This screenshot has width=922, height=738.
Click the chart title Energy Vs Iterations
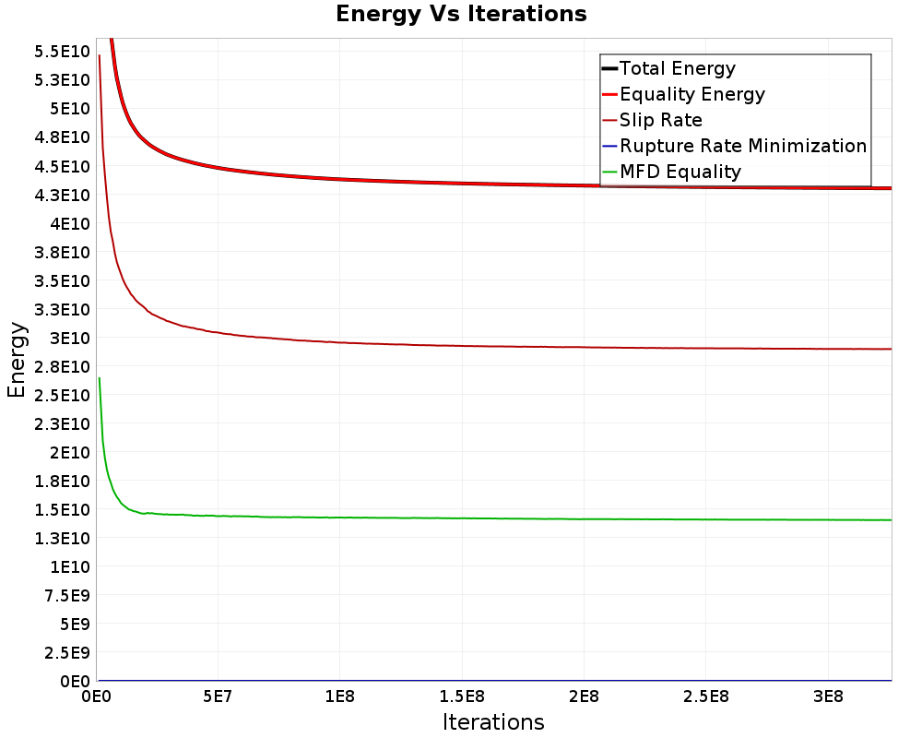pos(461,14)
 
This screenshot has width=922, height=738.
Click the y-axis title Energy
pos(16,359)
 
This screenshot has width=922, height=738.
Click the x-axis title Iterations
pos(493,721)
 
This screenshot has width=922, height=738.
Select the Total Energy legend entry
pos(678,68)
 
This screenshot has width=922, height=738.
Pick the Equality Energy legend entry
pos(692,94)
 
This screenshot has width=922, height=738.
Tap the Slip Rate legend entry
pos(661,120)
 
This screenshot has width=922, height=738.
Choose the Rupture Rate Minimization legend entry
pos(743,146)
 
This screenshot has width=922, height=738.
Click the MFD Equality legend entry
pos(680,172)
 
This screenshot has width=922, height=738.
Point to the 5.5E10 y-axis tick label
pos(62,51)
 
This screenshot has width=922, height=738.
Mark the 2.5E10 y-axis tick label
pos(62,395)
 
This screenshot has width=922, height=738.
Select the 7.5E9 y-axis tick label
pos(65,595)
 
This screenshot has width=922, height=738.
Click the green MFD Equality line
pos(461,518)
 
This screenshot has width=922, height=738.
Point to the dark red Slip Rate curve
pos(461,346)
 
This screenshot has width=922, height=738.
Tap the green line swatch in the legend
pos(609,172)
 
